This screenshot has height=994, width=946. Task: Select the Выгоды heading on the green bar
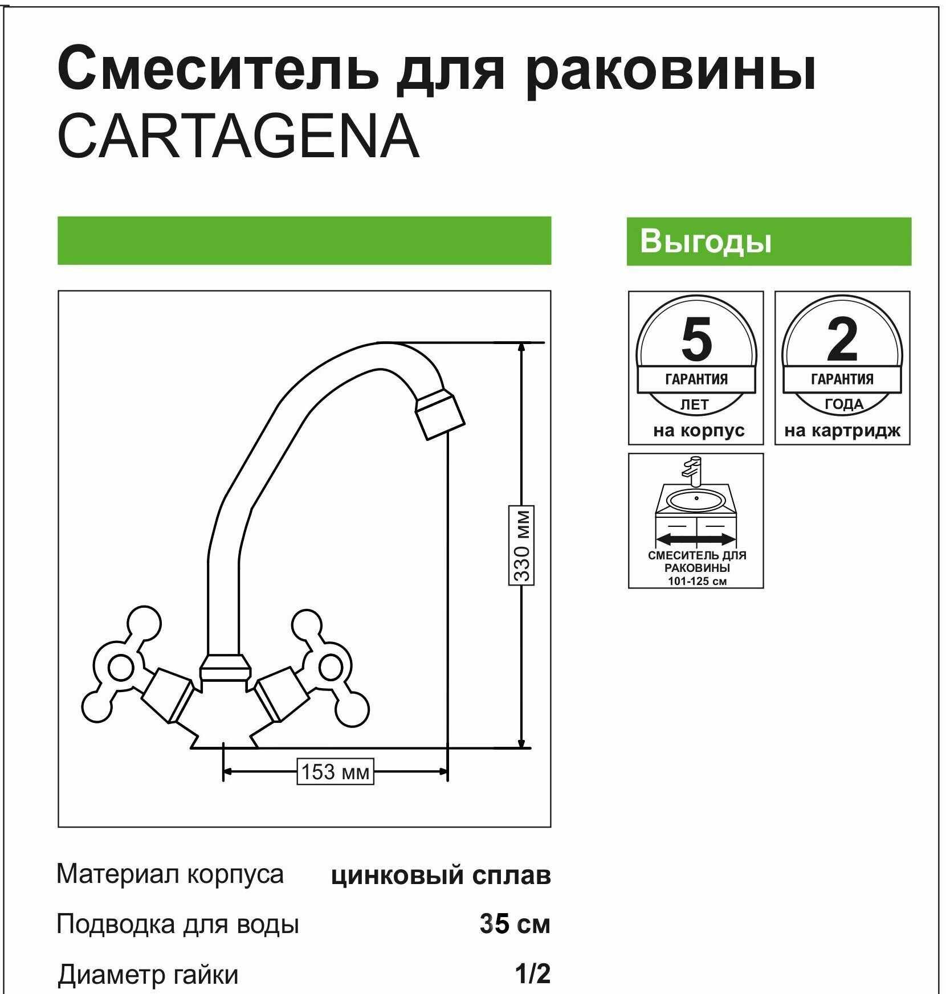point(706,241)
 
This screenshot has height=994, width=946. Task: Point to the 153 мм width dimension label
point(335,772)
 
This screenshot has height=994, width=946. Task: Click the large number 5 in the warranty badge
point(696,340)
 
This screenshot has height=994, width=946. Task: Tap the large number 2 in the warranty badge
point(842,340)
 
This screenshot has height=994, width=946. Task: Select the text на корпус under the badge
point(699,431)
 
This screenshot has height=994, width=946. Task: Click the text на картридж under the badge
point(842,431)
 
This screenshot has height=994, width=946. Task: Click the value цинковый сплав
point(441,876)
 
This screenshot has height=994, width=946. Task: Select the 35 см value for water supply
point(515,924)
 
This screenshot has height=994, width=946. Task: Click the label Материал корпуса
point(170,874)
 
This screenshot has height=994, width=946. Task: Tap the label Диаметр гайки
point(148,975)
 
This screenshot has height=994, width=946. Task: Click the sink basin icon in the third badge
point(696,501)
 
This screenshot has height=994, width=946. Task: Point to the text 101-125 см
point(697,581)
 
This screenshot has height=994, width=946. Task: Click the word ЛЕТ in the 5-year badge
point(695,405)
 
